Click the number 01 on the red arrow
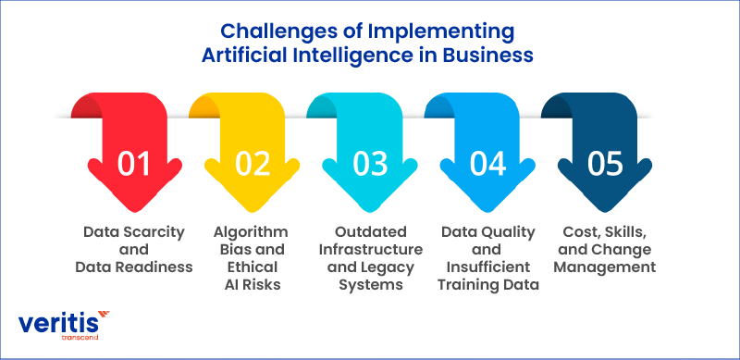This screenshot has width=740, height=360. [x=134, y=163]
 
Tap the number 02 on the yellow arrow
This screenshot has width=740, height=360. [x=252, y=163]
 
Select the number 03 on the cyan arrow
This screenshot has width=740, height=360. [x=370, y=163]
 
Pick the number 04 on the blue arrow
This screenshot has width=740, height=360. [x=487, y=163]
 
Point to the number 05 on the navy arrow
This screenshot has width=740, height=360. [x=605, y=163]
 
